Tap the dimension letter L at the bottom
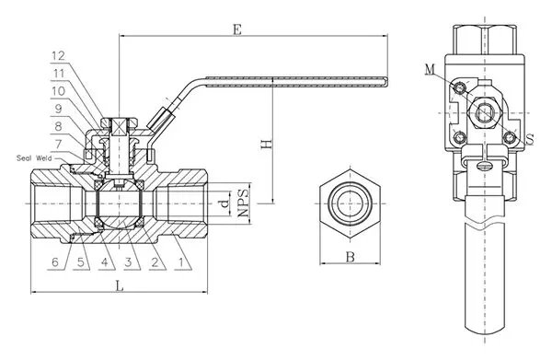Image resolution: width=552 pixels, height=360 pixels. click(120, 286)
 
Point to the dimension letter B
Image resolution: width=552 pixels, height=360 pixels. click(350, 258)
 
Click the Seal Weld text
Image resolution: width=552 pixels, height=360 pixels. click(35, 157)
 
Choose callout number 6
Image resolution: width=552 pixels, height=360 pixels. click(55, 262)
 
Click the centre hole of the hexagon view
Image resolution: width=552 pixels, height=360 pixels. click(350, 202)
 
